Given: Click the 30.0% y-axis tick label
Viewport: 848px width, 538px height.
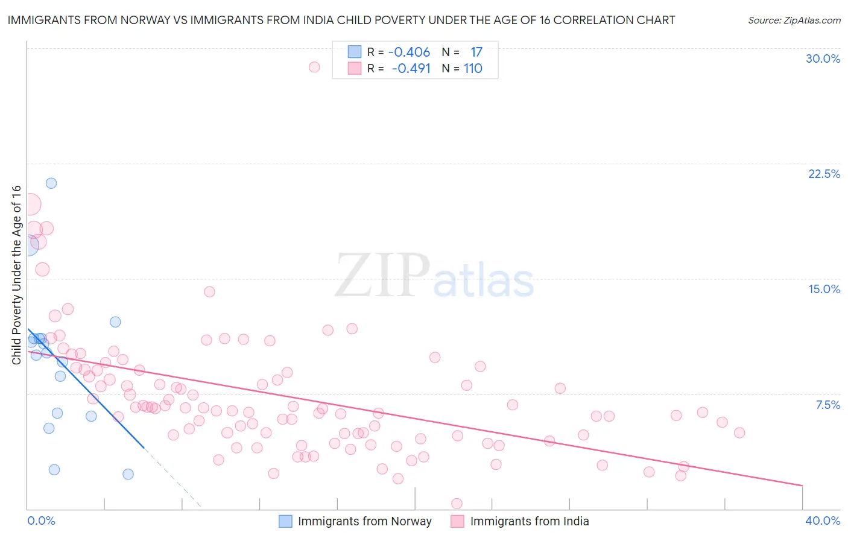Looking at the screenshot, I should click(823, 59).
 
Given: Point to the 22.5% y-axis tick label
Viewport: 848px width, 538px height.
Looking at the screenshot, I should click(824, 174).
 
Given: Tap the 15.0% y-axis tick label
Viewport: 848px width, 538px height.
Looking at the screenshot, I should click(824, 289).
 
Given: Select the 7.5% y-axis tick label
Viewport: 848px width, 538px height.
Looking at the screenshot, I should click(827, 405).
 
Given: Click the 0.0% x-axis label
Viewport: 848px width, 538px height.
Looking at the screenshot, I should click(41, 521).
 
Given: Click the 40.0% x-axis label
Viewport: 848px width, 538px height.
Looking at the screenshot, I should click(823, 521).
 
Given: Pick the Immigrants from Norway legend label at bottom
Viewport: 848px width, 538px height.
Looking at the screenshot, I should click(364, 521).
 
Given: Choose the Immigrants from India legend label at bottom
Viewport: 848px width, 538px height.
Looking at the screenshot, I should click(529, 521).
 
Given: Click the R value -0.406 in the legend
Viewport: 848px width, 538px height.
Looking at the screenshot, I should click(409, 52).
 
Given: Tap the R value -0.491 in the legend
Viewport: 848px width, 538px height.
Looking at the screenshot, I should click(411, 68).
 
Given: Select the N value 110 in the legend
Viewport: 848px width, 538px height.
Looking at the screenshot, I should click(473, 68).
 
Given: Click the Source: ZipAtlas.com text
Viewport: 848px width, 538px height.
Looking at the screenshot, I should click(794, 20).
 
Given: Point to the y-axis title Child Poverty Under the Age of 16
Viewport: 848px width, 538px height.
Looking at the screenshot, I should click(16, 274).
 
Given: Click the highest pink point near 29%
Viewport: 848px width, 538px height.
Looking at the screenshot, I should click(314, 67).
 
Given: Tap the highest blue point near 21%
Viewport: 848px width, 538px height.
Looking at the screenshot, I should click(51, 183).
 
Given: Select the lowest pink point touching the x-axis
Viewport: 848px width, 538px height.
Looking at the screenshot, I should click(457, 504).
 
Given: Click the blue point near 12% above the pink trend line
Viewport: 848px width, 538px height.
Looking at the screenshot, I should click(115, 322).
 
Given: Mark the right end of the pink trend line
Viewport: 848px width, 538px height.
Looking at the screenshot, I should click(802, 485).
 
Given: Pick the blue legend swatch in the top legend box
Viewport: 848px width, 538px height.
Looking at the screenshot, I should click(354, 52).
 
